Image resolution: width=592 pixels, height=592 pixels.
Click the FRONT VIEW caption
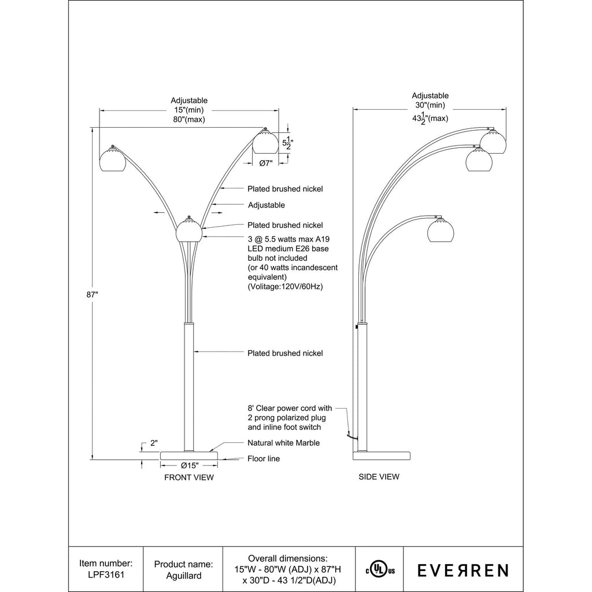pyautogui.click(x=189, y=477)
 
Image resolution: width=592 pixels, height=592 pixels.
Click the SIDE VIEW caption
pyautogui.click(x=379, y=476)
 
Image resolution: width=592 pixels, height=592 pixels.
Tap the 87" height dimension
pyautogui.click(x=92, y=294)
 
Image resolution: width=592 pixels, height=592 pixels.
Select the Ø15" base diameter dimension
pyautogui.click(x=189, y=465)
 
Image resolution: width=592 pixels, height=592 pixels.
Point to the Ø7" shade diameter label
pyautogui.click(x=266, y=163)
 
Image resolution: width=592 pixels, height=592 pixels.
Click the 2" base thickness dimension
pyautogui.click(x=154, y=443)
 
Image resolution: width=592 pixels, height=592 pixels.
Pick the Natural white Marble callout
pyautogui.click(x=283, y=443)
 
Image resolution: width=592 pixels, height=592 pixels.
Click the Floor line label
pyautogui.click(x=264, y=458)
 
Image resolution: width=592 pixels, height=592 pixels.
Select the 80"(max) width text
pyautogui.click(x=189, y=119)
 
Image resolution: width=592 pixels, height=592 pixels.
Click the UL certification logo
pyautogui.click(x=379, y=570)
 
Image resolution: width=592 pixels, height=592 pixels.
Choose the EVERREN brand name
pyautogui.click(x=463, y=570)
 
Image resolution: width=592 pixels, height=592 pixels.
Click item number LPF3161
pyautogui.click(x=106, y=575)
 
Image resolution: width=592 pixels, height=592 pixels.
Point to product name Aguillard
pyautogui.click(x=183, y=576)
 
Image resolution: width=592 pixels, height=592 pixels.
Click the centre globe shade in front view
pyautogui.click(x=190, y=229)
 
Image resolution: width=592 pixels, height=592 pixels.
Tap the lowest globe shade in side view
pyautogui.click(x=440, y=229)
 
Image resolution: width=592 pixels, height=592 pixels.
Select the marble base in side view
pyautogui.click(x=382, y=455)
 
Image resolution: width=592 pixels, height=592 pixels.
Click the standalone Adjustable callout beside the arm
pyautogui.click(x=266, y=205)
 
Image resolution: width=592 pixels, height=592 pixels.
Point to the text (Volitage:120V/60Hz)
pyautogui.click(x=285, y=287)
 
